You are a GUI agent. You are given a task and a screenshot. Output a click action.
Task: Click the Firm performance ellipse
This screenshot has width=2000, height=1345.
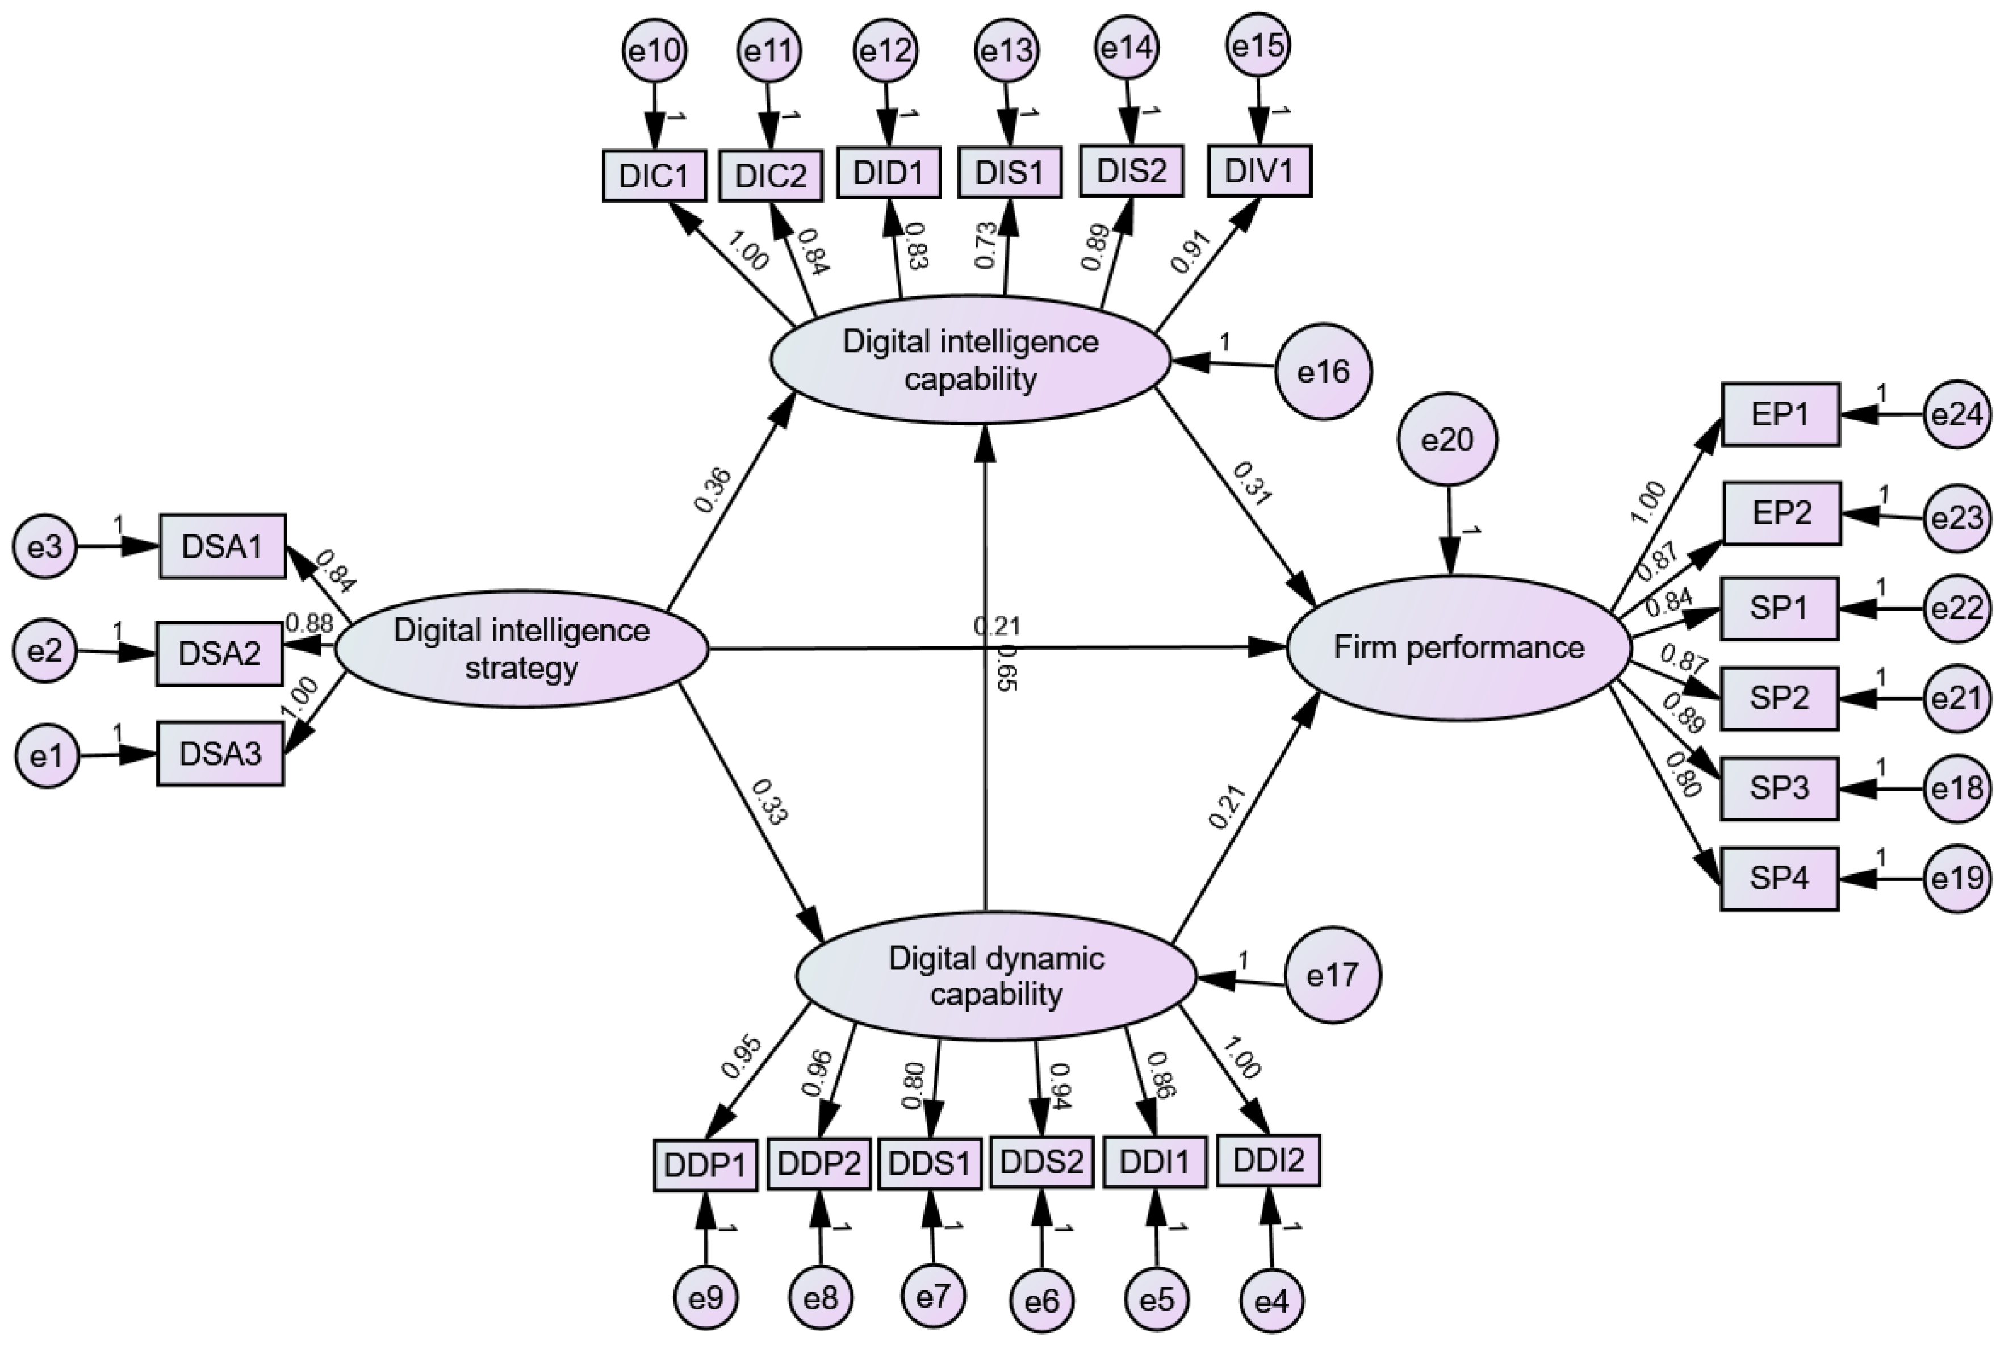[1458, 648]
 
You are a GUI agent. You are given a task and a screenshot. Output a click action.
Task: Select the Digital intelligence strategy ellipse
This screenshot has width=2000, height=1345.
[521, 649]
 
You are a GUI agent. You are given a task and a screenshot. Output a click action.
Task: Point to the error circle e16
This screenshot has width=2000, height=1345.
[1323, 371]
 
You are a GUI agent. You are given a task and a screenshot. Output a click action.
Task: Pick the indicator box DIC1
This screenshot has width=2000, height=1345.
[654, 176]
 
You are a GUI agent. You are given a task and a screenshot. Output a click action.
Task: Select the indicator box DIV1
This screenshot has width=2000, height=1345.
[1259, 171]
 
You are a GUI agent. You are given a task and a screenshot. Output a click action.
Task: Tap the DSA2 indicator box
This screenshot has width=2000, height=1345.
[219, 654]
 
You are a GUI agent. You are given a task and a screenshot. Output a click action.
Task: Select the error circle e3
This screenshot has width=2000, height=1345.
[45, 546]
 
